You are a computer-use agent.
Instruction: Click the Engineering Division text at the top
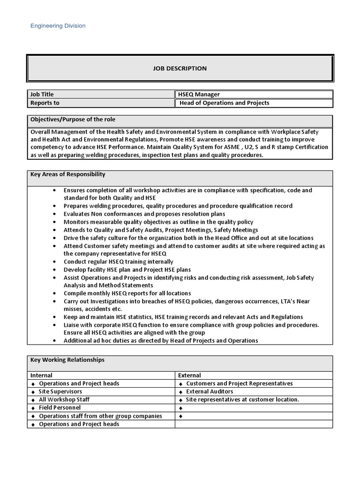pyautogui.click(x=58, y=26)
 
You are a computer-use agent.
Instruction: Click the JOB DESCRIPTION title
pyautogui.click(x=180, y=68)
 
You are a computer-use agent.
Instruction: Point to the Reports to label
pyautogui.click(x=45, y=103)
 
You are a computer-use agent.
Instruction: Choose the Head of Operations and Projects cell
pyautogui.click(x=225, y=103)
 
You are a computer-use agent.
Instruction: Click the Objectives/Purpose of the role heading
pyautogui.click(x=73, y=120)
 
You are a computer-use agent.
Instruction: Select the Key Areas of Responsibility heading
pyautogui.click(x=67, y=174)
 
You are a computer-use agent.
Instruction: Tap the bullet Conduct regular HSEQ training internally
pyautogui.click(x=118, y=262)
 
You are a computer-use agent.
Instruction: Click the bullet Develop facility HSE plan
pyautogui.click(x=127, y=270)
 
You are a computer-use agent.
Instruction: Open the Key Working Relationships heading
pyautogui.click(x=67, y=360)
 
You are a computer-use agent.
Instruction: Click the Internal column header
pyautogui.click(x=41, y=375)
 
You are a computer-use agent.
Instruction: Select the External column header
pyautogui.click(x=189, y=375)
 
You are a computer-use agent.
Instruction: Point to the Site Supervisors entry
pyautogui.click(x=60, y=391)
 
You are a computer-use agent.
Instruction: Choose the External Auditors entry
pyautogui.click(x=209, y=391)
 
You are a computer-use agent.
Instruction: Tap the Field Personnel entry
pyautogui.click(x=60, y=408)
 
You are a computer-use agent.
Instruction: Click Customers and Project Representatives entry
pyautogui.click(x=239, y=383)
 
